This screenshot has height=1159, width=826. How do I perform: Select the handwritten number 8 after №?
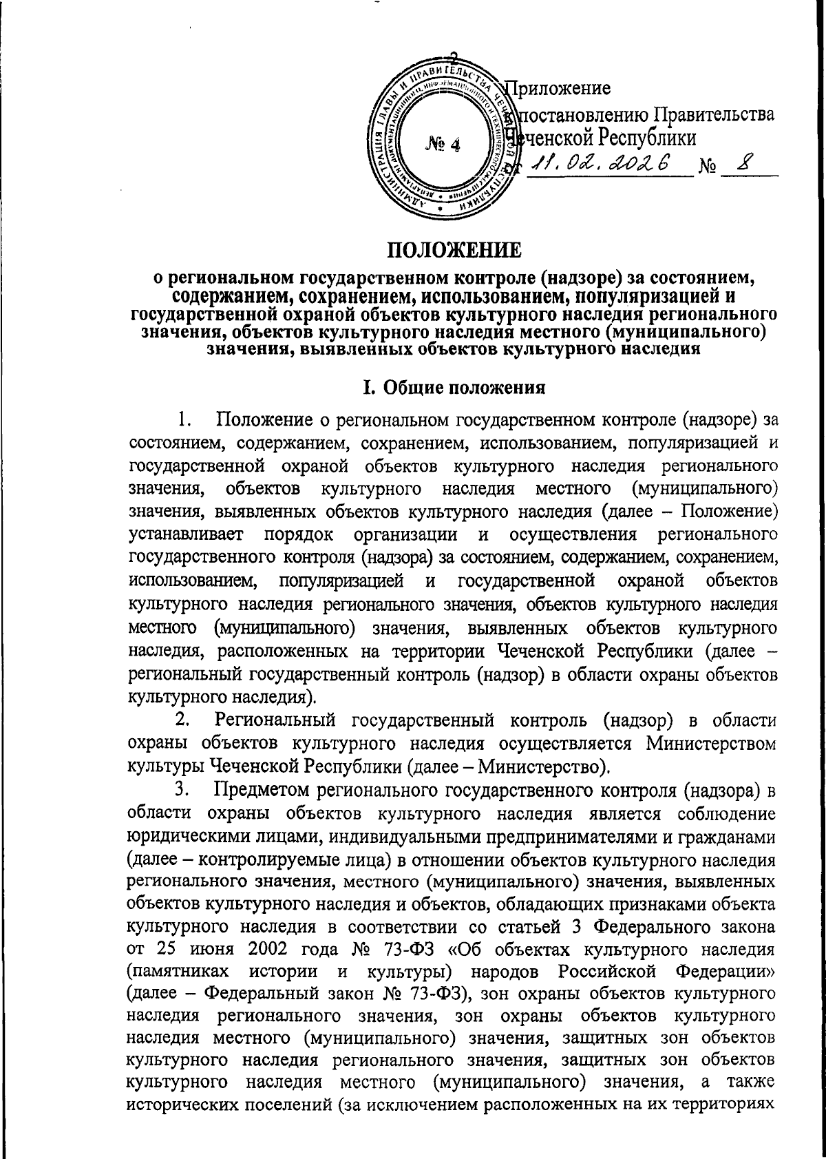tap(745, 163)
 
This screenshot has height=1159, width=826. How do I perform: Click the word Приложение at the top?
tap(559, 89)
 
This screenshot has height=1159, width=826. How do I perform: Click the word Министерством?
tap(711, 744)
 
